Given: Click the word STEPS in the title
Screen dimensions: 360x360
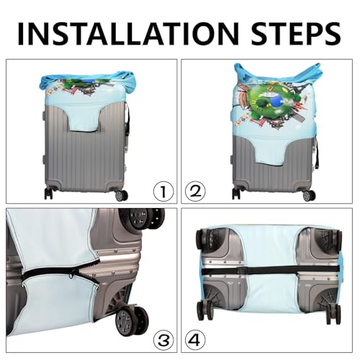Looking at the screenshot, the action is coord(296,34).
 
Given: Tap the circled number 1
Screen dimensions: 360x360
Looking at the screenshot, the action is coord(163,192).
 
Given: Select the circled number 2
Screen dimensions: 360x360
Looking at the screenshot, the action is coord(195,192).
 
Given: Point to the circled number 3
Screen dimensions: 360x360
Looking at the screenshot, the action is coord(163,340).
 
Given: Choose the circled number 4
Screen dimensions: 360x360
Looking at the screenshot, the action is coord(195,340).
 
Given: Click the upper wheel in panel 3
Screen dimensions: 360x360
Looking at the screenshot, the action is coord(144,218).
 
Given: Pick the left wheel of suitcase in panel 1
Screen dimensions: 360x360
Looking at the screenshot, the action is coord(48,194).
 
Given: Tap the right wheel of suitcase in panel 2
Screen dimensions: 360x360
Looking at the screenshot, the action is coord(309,196).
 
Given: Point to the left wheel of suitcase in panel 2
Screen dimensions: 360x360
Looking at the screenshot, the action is coord(236,194).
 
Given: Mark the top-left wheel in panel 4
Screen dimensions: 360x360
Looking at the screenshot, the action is coord(202,240).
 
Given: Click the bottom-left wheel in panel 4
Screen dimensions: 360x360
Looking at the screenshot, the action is coord(202,310).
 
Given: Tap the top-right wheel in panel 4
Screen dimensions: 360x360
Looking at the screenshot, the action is coord(335,241).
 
